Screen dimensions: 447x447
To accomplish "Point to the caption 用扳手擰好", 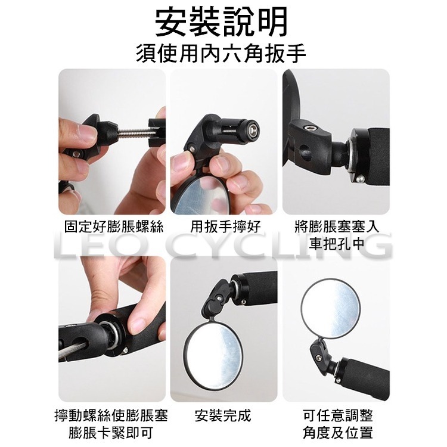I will pos(225,228).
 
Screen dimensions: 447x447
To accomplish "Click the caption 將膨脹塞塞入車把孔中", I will pos(337,236).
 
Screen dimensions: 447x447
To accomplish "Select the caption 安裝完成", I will pos(223,415).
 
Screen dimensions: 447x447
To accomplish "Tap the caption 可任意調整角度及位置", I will pos(337,424).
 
